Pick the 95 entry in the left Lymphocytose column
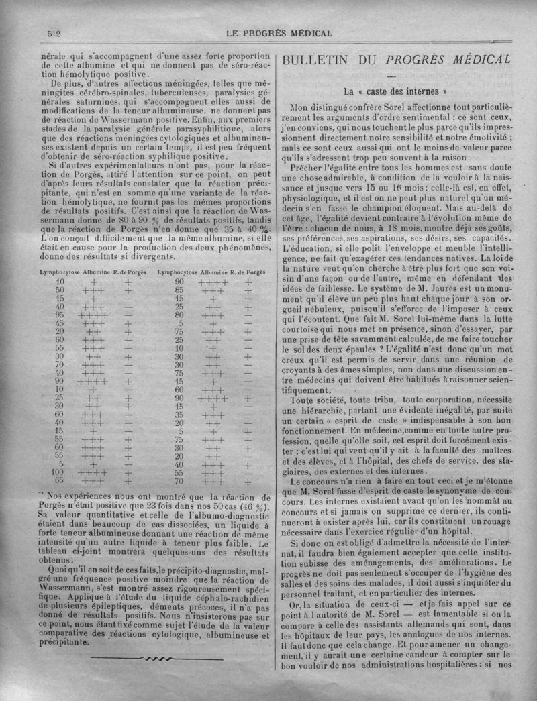[60, 314]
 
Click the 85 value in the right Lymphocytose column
[179, 290]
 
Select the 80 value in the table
[179, 314]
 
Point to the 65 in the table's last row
[60, 480]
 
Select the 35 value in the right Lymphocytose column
[179, 415]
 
